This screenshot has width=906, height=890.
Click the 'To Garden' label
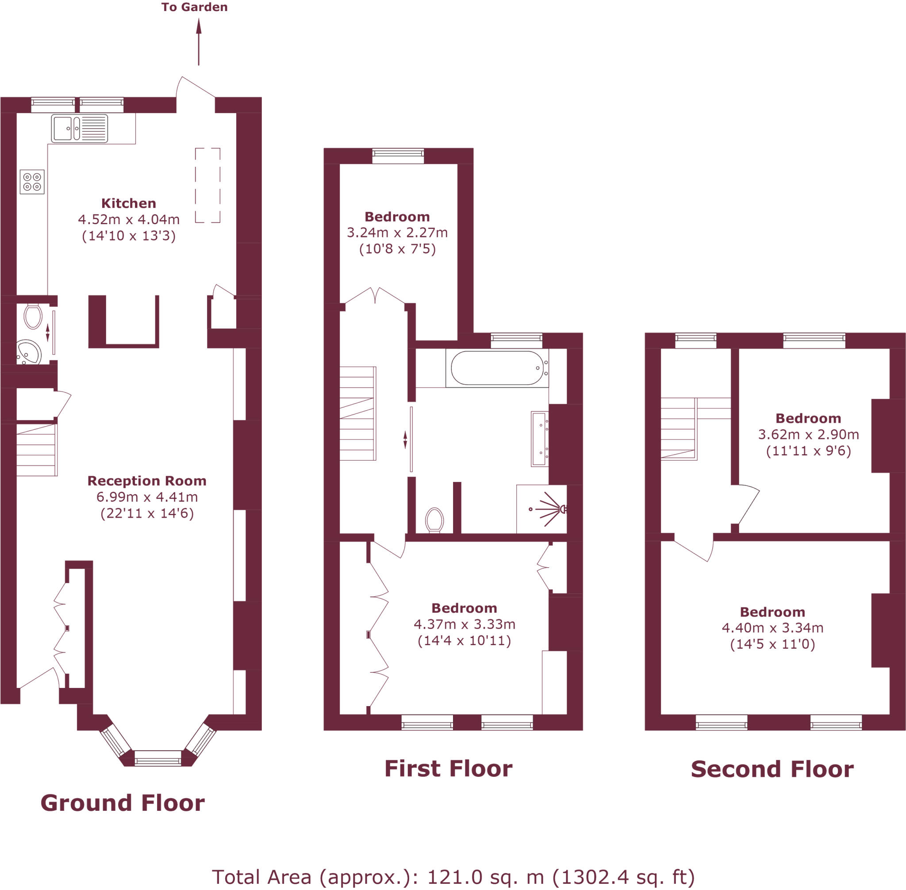tap(194, 7)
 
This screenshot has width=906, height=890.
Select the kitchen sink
tap(80, 128)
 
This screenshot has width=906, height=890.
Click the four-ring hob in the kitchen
tap(32, 182)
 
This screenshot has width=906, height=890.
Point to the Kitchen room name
tap(129, 203)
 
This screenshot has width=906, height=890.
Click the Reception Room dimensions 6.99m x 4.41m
tap(147, 497)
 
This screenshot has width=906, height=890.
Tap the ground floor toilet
tap(33, 317)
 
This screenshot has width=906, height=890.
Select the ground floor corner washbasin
tap(29, 352)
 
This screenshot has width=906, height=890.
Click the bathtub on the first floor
tap(497, 368)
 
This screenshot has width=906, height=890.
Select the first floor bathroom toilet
tap(434, 520)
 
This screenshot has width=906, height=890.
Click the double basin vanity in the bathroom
tap(540, 439)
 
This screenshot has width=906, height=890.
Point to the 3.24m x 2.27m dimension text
tap(397, 232)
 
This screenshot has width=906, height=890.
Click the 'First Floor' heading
tap(448, 769)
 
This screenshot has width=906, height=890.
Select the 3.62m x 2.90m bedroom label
tap(808, 434)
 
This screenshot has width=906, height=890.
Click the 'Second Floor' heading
tap(772, 769)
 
